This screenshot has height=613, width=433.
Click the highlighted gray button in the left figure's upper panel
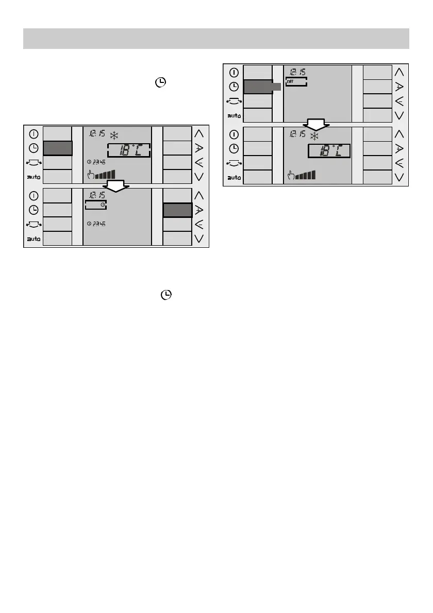[x=57, y=148]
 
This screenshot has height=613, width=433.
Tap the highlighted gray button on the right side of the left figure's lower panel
[x=177, y=210]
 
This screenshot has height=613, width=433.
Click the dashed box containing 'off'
[x=296, y=81]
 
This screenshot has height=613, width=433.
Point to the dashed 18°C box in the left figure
[x=129, y=150]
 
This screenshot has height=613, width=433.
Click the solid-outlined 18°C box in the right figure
[x=329, y=151]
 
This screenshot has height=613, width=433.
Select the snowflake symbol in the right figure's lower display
[x=314, y=136]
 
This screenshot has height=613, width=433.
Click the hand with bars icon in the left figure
[x=102, y=174]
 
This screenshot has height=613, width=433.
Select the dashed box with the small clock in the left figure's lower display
[x=95, y=205]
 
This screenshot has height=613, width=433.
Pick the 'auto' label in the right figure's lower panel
[x=234, y=177]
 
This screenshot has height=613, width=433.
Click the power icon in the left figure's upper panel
[x=34, y=134]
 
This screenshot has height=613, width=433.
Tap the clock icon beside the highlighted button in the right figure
[x=234, y=87]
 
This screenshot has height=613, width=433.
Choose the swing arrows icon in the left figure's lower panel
[x=34, y=225]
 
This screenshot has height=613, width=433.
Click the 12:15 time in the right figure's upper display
[x=297, y=72]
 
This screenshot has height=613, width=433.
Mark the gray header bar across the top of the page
[x=216, y=39]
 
